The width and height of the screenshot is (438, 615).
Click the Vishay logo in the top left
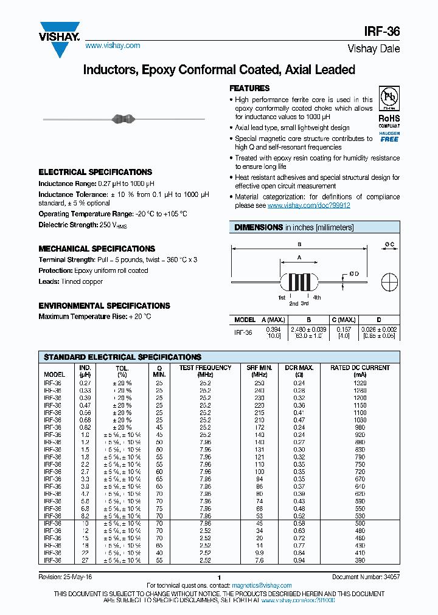tap(60, 38)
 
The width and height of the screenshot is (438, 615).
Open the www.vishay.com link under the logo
tap(113, 46)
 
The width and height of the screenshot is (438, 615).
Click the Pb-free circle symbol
tap(389, 98)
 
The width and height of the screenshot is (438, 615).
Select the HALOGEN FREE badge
tap(389, 137)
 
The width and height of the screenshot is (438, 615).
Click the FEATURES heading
tap(249, 88)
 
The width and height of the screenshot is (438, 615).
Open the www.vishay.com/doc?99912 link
tap(308, 205)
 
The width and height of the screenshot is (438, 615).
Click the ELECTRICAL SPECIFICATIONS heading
tap(95, 172)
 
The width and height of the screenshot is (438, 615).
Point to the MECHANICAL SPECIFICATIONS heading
tap(97, 249)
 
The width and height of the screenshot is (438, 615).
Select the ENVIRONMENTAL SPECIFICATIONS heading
tap(104, 306)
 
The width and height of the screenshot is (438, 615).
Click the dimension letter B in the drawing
tap(299, 244)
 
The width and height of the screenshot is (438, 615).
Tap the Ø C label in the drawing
tap(389, 244)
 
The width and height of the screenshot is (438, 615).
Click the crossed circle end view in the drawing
tap(389, 283)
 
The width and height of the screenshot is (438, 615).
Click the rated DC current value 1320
tap(361, 383)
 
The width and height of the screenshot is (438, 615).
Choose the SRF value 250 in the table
tap(259, 383)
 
